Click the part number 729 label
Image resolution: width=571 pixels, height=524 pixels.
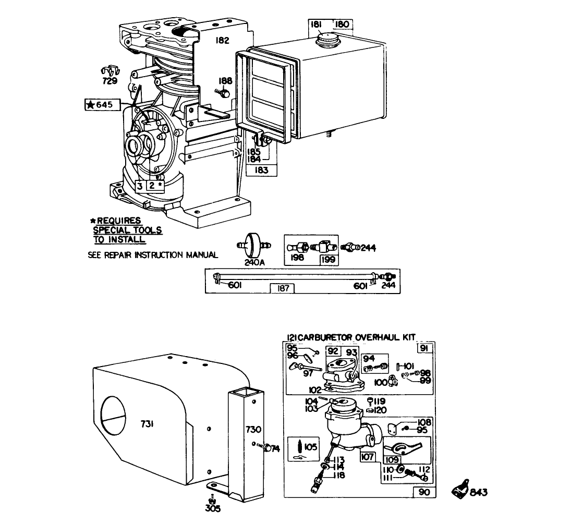point(110,81)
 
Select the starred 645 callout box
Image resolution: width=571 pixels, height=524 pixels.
point(102,105)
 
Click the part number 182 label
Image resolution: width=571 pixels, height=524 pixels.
point(223,40)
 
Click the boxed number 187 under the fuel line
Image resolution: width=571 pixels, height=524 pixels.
point(282,288)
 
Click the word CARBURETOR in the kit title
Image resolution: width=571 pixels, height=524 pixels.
point(322,337)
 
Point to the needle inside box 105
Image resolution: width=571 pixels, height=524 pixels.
point(299,447)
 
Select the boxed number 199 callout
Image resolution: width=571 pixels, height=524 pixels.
point(328,259)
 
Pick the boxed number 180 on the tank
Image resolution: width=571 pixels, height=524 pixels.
point(342,25)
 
